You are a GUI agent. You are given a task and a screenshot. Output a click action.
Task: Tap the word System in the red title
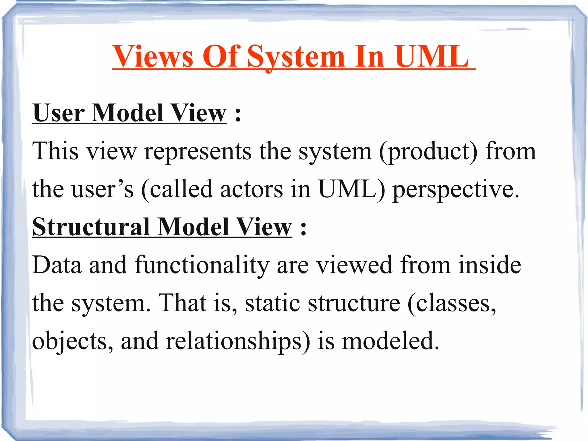(x=296, y=57)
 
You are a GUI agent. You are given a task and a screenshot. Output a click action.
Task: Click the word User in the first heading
(x=59, y=113)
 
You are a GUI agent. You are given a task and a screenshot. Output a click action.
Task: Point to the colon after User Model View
(x=238, y=115)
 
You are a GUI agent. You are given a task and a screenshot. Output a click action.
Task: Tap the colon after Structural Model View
(x=303, y=229)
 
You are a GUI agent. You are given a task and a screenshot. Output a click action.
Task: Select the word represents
(x=198, y=151)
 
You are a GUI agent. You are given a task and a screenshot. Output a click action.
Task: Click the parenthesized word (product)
(x=428, y=151)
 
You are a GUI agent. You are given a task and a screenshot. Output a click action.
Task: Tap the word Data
(x=57, y=265)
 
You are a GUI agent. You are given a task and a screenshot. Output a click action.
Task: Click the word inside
(x=490, y=265)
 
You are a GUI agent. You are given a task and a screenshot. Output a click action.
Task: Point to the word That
(x=182, y=303)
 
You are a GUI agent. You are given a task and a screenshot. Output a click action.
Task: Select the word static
(x=272, y=303)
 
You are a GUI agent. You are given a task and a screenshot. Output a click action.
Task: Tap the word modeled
(x=390, y=341)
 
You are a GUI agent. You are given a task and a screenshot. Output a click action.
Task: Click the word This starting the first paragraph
(x=55, y=151)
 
